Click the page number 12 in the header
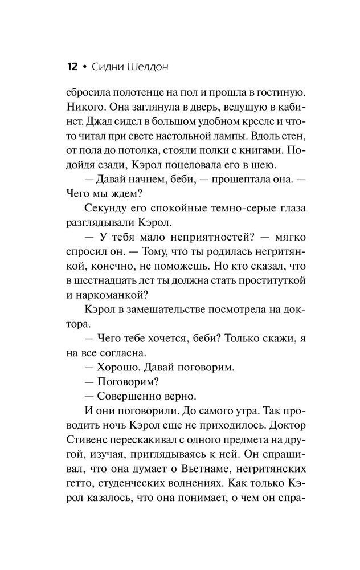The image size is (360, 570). coord(72,67)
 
